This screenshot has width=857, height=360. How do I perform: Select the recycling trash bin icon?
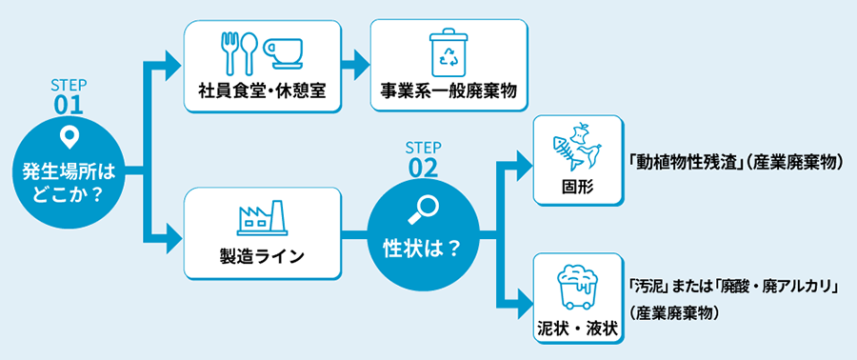coord(448,51)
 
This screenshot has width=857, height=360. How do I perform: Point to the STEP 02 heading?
coord(422,160)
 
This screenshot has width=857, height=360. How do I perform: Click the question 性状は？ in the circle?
coord(422,246)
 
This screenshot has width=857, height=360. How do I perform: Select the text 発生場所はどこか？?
coord(68,183)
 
